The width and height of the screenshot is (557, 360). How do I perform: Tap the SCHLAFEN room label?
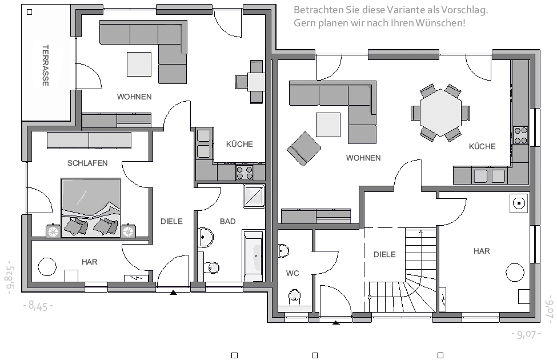87,163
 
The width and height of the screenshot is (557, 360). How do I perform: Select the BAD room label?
227,221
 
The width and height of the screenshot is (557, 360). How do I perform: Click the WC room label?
292,274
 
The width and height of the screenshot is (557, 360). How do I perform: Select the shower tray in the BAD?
253,196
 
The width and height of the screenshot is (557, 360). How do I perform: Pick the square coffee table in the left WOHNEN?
140,63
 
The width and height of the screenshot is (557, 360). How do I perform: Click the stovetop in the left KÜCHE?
245,171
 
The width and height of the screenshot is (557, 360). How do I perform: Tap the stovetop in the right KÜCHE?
520,135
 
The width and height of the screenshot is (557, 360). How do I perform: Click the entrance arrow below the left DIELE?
174,293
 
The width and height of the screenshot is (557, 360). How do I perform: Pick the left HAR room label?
90,262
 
